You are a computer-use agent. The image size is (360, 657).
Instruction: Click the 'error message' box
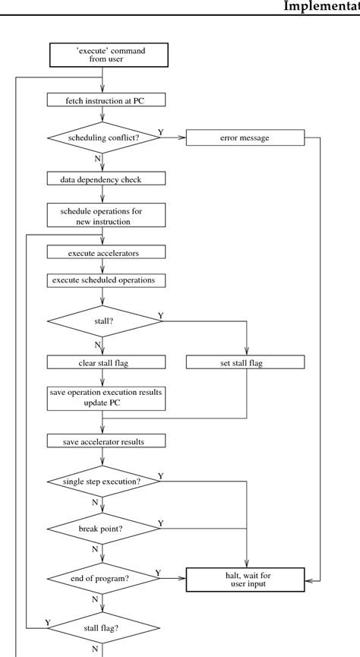pos(245,138)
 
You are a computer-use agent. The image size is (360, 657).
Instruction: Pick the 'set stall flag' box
pos(245,362)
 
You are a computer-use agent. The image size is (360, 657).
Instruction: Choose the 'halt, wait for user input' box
pos(245,580)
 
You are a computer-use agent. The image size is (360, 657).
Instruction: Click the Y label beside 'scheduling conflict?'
pos(160,131)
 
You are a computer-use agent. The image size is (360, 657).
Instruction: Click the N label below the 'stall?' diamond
pos(98,345)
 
